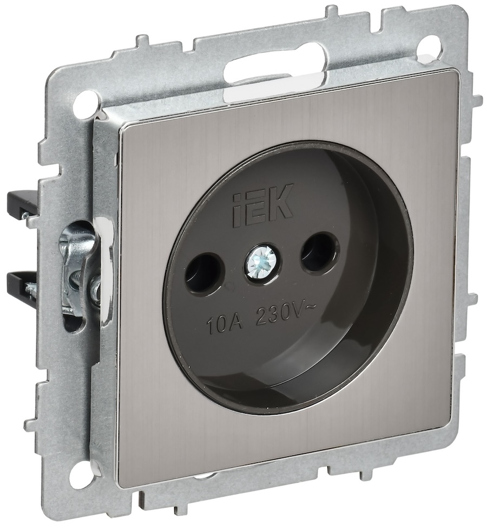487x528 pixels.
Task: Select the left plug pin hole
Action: (x=199, y=270)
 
